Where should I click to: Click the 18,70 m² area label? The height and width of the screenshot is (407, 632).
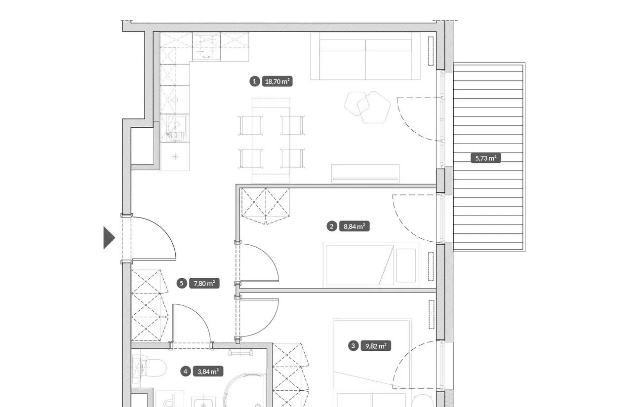pyautogui.click(x=277, y=81)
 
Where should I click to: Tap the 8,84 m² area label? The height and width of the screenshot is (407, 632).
pyautogui.click(x=355, y=226)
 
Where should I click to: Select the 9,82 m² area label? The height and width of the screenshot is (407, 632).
pyautogui.click(x=376, y=346)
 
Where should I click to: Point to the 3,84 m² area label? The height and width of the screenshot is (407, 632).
pyautogui.click(x=208, y=371)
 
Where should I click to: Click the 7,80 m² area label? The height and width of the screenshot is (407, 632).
pyautogui.click(x=204, y=283)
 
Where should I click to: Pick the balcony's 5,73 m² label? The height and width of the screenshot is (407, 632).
pyautogui.click(x=486, y=158)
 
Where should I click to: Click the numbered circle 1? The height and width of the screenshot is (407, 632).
pyautogui.click(x=254, y=81)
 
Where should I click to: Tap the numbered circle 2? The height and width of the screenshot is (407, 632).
pyautogui.click(x=331, y=226)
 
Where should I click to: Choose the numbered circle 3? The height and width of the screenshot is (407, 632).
pyautogui.click(x=353, y=346)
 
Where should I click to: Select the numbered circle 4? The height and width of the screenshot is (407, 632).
pyautogui.click(x=185, y=371)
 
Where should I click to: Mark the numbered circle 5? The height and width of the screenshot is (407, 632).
pyautogui.click(x=182, y=283)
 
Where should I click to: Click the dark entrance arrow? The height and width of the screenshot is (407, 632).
pyautogui.click(x=109, y=238)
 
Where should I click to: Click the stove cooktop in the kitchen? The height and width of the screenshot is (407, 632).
pyautogui.click(x=206, y=46)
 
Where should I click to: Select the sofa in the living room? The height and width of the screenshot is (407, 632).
pyautogui.click(x=366, y=56)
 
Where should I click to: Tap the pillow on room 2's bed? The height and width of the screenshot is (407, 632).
pyautogui.click(x=406, y=265)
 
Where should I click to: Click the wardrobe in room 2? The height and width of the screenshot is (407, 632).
pyautogui.click(x=265, y=206)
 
